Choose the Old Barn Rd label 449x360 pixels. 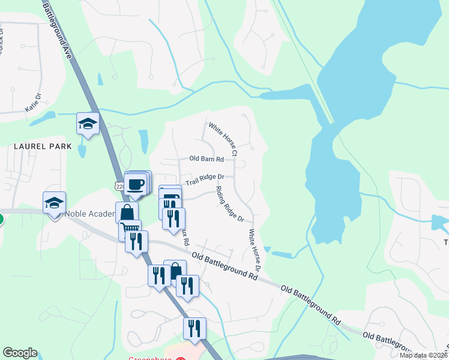206,159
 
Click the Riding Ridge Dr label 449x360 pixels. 229,205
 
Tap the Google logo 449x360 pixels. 20,353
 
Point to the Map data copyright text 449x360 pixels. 423,355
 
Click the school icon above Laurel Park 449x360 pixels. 88,124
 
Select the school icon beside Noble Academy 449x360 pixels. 54,203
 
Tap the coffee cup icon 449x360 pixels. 137,183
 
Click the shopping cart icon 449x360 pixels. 129,229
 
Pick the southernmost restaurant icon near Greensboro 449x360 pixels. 194,329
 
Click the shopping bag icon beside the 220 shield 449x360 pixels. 127,212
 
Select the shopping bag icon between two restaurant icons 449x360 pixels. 175,271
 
